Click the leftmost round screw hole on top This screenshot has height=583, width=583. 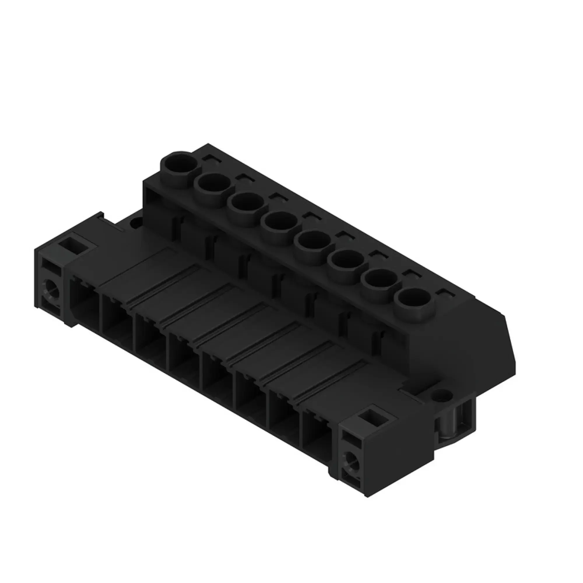179,165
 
